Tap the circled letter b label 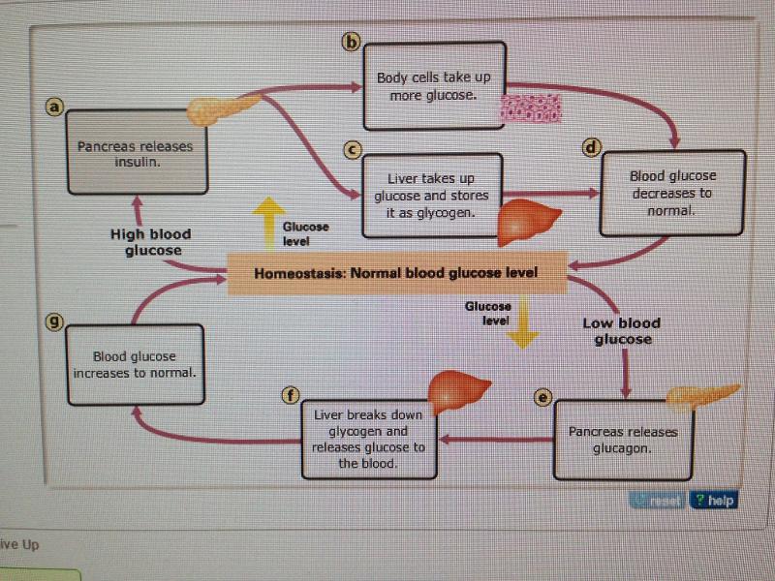pyautogui.click(x=352, y=42)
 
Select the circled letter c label pyautogui.click(x=353, y=150)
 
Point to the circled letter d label pyautogui.click(x=590, y=147)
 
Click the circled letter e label pyautogui.click(x=542, y=397)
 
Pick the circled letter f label pyautogui.click(x=289, y=394)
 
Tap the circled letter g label pyautogui.click(x=55, y=322)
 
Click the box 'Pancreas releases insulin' pyautogui.click(x=135, y=153)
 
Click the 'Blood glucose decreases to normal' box pyautogui.click(x=672, y=193)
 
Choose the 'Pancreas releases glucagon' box pyautogui.click(x=623, y=440)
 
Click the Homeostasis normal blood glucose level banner pyautogui.click(x=394, y=273)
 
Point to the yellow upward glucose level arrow pyautogui.click(x=267, y=224)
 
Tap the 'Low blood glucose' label pyautogui.click(x=621, y=331)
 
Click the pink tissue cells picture pyautogui.click(x=531, y=108)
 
